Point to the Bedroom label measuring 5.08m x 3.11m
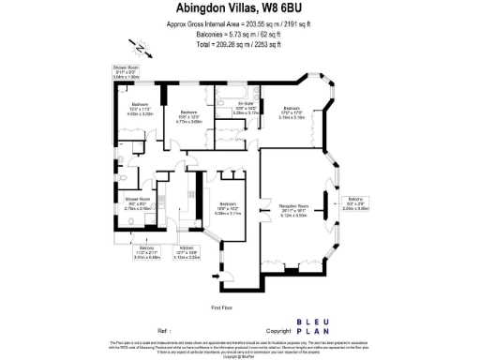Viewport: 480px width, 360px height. pyautogui.click(x=229, y=209)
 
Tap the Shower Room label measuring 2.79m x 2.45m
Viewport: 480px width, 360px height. pyautogui.click(x=138, y=202)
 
